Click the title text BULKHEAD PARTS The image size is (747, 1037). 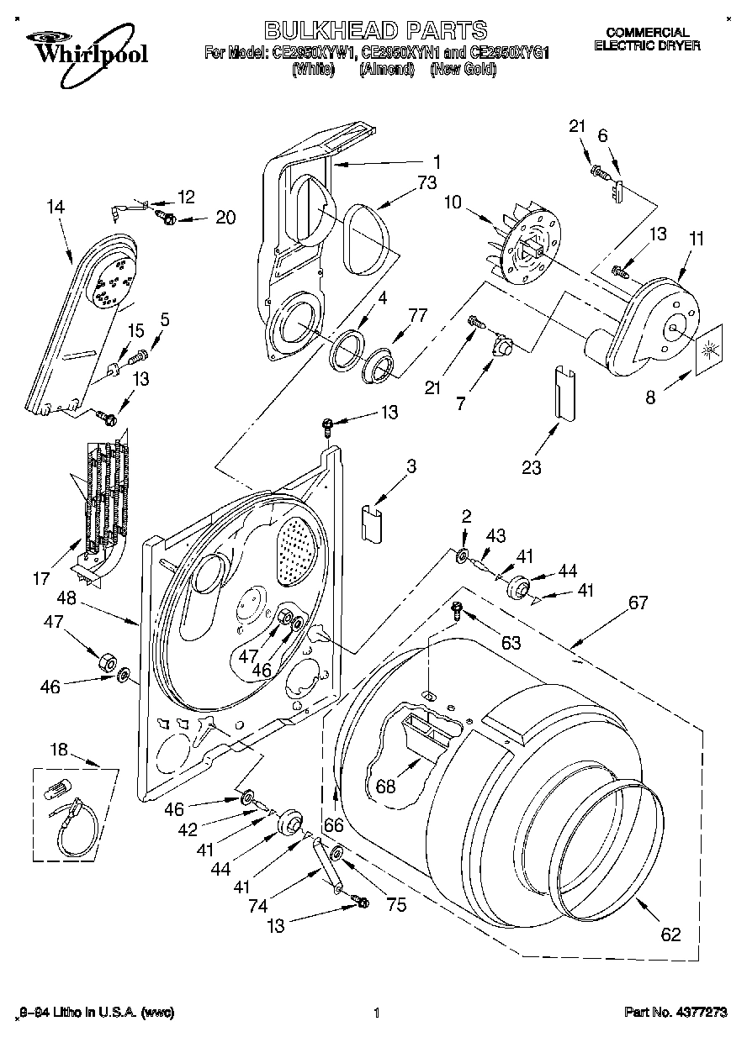point(376,31)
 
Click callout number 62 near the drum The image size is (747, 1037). point(670,934)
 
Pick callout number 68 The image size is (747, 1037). point(386,787)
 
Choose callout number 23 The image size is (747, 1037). point(531,468)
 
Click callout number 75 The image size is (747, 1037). point(395,905)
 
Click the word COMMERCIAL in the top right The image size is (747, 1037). point(647,32)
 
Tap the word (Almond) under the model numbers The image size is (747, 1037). point(387,70)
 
